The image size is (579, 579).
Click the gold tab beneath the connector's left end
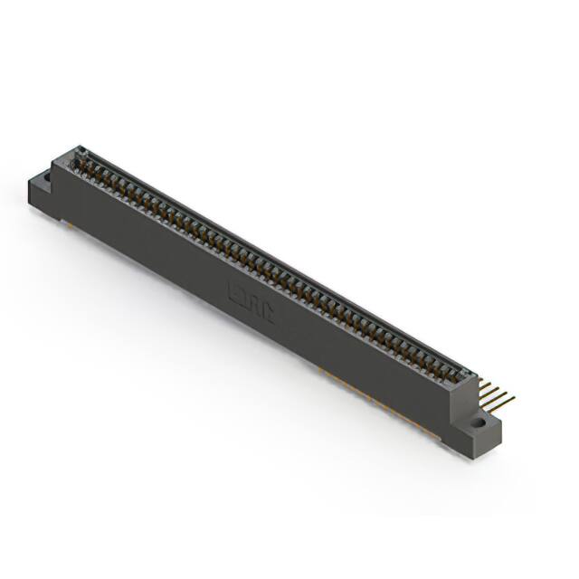64,221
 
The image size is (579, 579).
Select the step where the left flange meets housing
53,172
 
